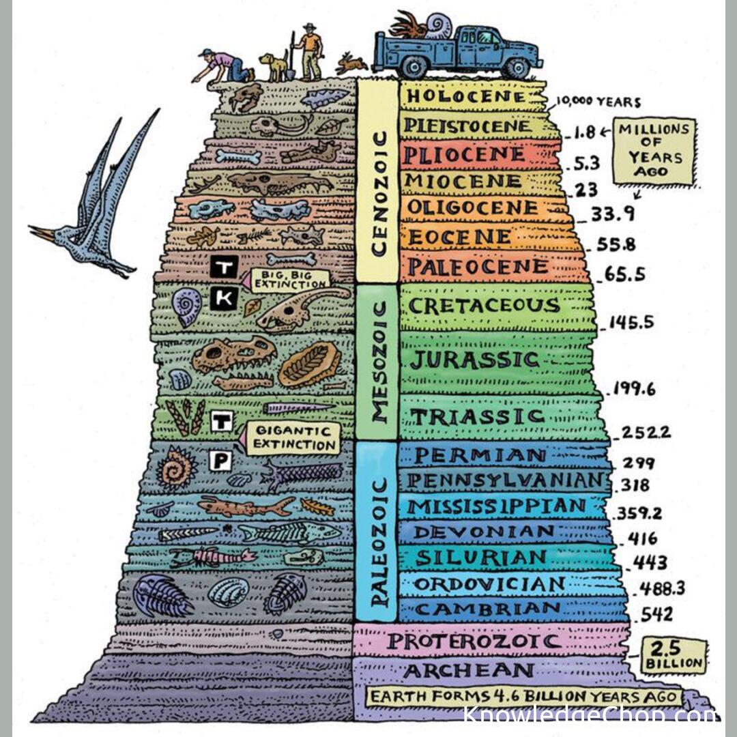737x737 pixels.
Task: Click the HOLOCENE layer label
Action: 466,96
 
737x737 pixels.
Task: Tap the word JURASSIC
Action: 475,360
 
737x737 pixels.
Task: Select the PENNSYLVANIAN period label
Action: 505,480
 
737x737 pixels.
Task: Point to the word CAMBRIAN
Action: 487,609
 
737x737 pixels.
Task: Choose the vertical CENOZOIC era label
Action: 379,194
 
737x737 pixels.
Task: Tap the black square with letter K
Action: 223,298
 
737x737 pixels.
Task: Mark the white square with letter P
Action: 220,461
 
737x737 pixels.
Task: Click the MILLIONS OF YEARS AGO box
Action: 654,151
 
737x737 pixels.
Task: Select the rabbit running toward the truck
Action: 351,63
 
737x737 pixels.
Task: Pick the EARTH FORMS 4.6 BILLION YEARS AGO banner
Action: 523,696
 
